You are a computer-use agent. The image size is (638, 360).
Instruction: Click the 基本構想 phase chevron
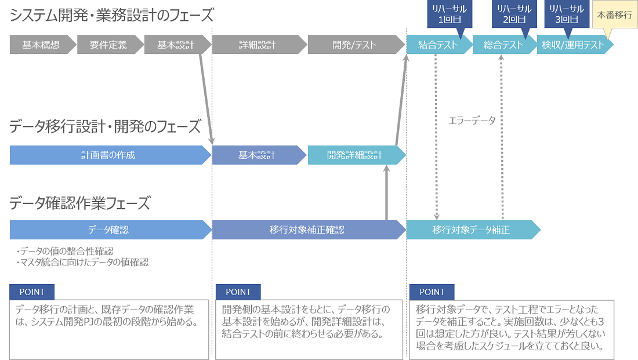pos(41,45)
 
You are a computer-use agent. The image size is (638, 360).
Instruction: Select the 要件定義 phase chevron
pos(108,45)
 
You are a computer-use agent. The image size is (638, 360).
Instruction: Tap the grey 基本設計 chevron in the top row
pos(175,45)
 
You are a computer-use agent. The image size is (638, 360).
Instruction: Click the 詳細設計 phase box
pos(258,45)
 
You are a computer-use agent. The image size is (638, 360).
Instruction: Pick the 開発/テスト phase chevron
pos(354,45)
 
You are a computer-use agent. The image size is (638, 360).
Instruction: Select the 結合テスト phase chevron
pos(437,45)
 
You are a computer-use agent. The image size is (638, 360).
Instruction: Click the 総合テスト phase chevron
pos(503,45)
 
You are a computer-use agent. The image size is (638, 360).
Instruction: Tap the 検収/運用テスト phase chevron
pos(573,45)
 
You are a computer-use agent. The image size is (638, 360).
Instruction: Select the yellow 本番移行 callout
pos(614,16)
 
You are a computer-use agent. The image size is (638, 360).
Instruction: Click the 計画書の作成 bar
pos(108,155)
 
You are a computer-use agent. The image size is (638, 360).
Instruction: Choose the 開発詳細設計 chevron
pos(354,155)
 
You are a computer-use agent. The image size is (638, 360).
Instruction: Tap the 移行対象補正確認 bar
pos(307,230)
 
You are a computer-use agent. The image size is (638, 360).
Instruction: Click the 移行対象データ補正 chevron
pos(470,230)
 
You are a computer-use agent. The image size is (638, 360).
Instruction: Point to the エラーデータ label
pos(472,121)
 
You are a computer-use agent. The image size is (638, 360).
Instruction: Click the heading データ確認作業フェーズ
pos(80,203)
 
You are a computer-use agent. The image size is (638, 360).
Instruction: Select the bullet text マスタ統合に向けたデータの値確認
pos(82,263)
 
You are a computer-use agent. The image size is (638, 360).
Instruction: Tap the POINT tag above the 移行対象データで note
pos(432,292)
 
